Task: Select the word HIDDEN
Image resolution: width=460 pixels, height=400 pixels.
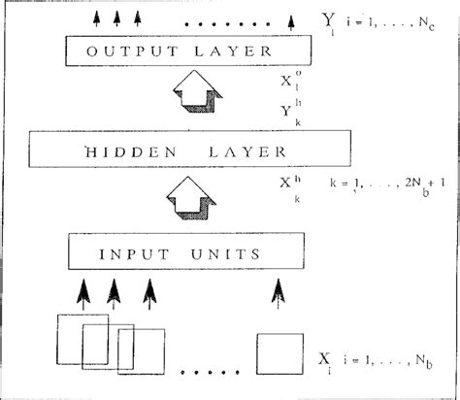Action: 128,151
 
